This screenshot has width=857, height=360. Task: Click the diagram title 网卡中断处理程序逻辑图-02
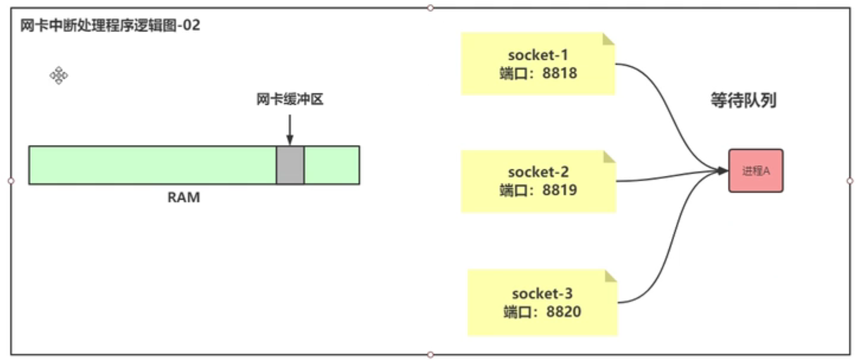click(x=110, y=27)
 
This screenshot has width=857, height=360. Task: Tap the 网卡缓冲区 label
click(x=290, y=99)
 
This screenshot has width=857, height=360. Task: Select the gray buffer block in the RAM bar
click(x=290, y=165)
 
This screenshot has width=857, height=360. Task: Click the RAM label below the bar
click(x=184, y=198)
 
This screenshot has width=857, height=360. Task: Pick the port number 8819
click(x=560, y=191)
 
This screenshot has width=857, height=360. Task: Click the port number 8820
click(x=564, y=311)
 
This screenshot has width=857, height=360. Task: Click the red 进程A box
click(x=756, y=171)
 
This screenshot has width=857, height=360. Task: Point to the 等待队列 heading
click(x=743, y=101)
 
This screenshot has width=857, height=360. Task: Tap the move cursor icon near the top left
click(x=59, y=75)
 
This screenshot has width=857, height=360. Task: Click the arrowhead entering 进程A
click(x=722, y=171)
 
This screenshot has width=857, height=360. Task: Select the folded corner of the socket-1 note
click(x=608, y=40)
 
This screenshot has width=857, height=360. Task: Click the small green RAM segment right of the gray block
click(x=332, y=165)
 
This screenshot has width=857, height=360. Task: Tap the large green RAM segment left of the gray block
click(x=152, y=165)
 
